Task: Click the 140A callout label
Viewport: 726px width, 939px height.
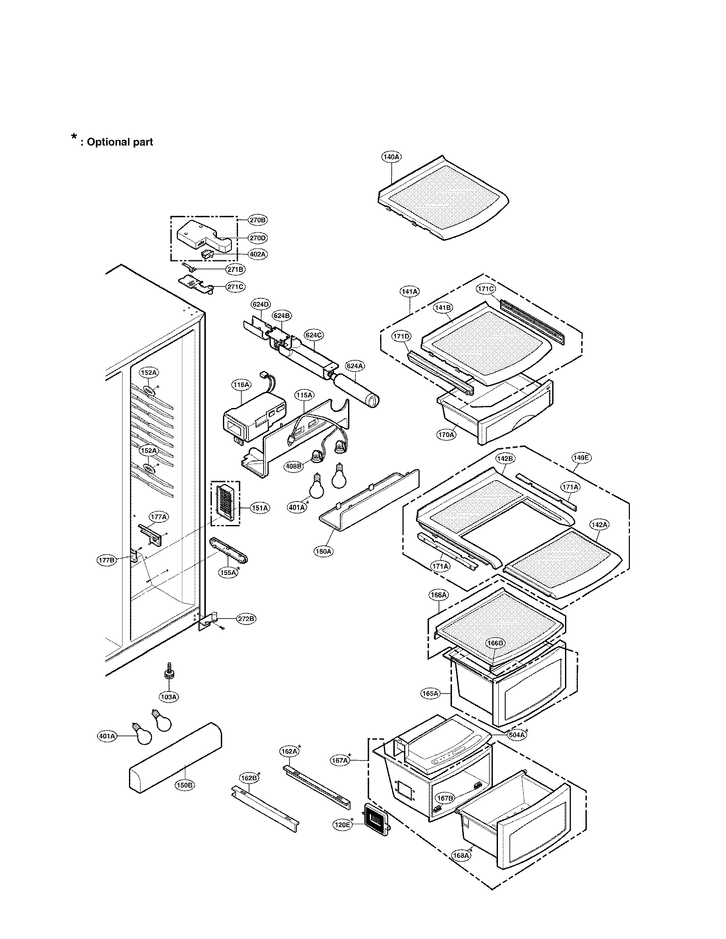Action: (x=391, y=157)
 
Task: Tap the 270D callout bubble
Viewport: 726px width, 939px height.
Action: (x=258, y=238)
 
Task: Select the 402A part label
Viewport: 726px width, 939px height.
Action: (x=258, y=254)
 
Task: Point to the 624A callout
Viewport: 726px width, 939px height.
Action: (x=355, y=366)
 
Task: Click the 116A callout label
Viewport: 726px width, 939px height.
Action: (x=241, y=385)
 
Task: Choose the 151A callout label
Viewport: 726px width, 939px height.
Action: (x=260, y=508)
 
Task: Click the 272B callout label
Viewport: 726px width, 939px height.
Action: (x=246, y=619)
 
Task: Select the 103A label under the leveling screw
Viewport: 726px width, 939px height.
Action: (x=169, y=697)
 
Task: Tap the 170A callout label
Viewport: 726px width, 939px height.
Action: (x=446, y=435)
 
